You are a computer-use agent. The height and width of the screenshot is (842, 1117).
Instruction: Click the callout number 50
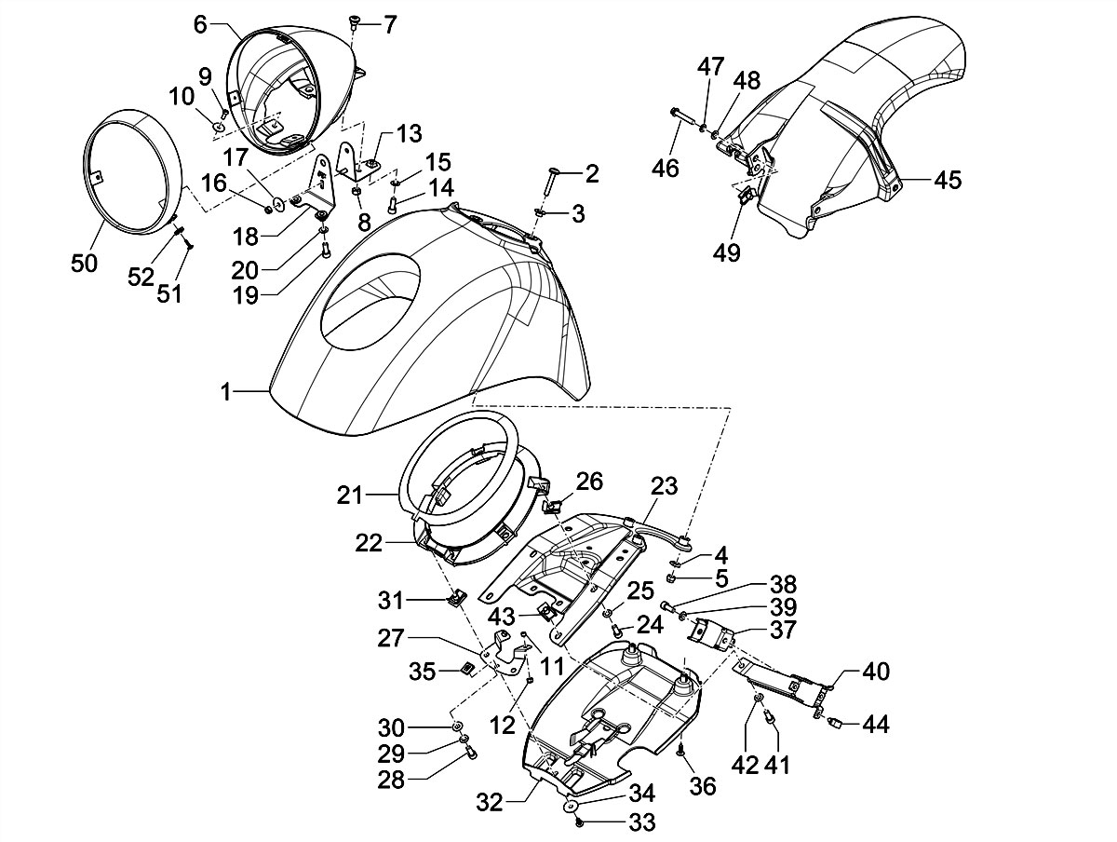(84, 264)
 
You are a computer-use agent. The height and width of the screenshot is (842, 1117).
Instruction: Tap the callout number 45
(948, 180)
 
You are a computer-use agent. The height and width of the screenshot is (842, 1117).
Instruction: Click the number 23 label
(666, 486)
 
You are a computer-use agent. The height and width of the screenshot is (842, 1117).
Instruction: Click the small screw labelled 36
(681, 749)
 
